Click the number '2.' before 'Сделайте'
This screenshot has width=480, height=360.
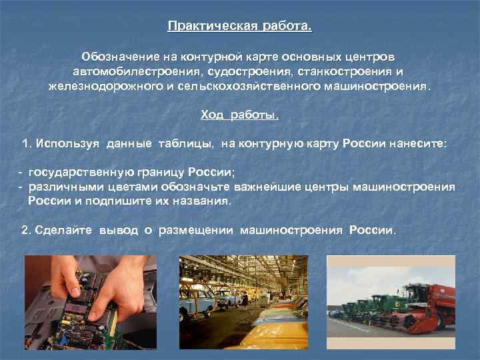point(27,229)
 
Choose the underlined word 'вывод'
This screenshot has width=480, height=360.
point(118,229)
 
